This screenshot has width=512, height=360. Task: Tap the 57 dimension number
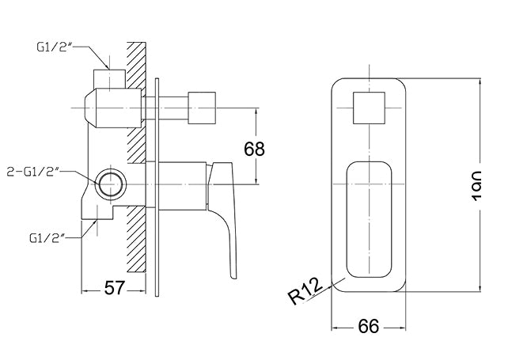coord(116,288)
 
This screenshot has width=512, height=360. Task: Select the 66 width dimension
coord(369,325)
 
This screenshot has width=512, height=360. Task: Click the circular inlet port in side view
coord(108,184)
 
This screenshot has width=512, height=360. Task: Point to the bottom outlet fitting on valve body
coord(100,211)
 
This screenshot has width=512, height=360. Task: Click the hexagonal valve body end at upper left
coord(93,108)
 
